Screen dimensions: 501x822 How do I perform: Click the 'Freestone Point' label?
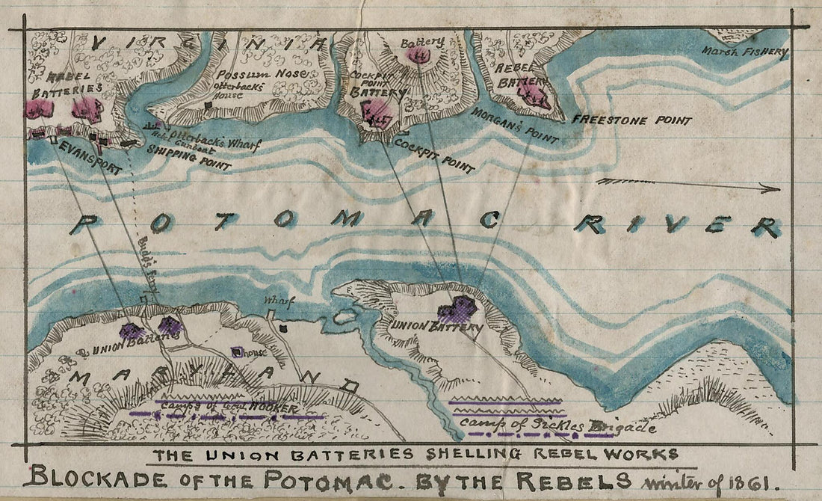pyautogui.click(x=631, y=120)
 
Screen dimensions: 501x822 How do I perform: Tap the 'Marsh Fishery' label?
pyautogui.click(x=745, y=52)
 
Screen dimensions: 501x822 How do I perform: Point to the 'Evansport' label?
pyautogui.click(x=90, y=158)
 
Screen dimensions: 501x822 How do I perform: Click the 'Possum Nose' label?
pyautogui.click(x=247, y=76)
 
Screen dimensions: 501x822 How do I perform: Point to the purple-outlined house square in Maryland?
pyautogui.click(x=238, y=351)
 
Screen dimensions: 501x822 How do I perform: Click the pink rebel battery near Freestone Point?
pyautogui.click(x=535, y=95)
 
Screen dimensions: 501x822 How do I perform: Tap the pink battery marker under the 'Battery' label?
pyautogui.click(x=420, y=55)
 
